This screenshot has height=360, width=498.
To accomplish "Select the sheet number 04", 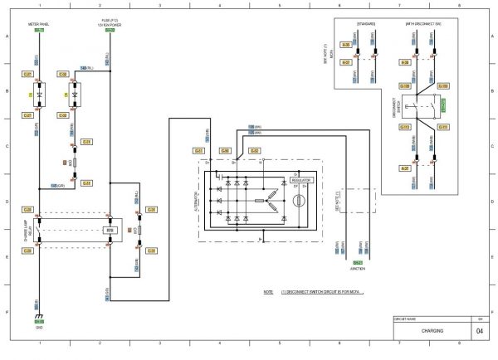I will [480, 331].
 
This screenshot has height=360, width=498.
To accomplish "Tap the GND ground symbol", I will [38, 315].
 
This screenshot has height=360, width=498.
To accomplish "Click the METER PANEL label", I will [38, 25].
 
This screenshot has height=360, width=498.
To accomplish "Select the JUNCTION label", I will [358, 268].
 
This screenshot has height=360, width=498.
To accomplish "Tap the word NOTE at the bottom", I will [267, 293].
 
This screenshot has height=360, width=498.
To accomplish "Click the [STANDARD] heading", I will [366, 24].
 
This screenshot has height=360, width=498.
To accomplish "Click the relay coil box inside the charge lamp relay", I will [109, 231].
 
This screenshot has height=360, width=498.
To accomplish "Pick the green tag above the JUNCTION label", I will [358, 262].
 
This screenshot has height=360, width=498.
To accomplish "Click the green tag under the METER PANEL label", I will [38, 30].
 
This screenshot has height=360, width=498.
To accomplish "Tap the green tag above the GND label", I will [38, 321].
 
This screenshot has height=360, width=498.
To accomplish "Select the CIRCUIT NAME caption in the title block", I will [406, 318].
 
